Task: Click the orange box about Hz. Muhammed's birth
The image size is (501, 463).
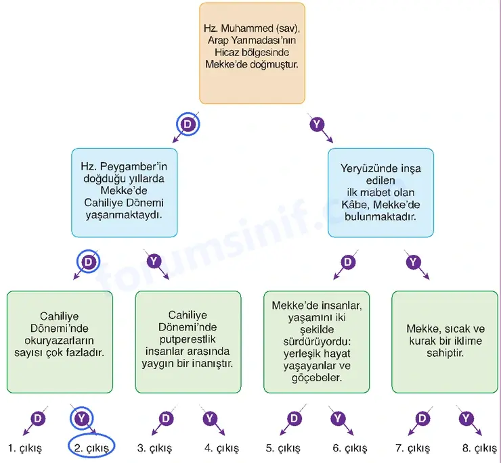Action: click(x=252, y=53)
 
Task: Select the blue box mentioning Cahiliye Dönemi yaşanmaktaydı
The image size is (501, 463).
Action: click(x=125, y=193)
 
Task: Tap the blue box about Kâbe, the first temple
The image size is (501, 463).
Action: click(x=380, y=193)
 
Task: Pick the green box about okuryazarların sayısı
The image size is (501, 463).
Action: click(x=60, y=342)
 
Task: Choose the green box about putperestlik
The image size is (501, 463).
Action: click(x=188, y=342)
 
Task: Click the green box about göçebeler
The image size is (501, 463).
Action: click(x=317, y=342)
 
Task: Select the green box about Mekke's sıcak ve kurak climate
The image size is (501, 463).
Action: click(x=445, y=342)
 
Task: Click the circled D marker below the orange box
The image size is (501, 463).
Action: click(x=188, y=124)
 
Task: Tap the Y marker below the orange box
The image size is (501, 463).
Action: click(x=317, y=124)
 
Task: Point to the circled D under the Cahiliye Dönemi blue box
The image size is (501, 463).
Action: click(x=88, y=262)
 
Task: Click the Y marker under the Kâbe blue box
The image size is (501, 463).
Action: click(x=413, y=262)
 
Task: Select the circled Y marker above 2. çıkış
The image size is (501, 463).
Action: click(x=81, y=418)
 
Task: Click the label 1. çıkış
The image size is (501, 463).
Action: click(x=25, y=448)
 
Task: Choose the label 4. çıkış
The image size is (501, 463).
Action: click(x=222, y=448)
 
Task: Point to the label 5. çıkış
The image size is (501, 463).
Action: click(x=283, y=448)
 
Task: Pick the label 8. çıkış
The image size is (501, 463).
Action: click(x=479, y=448)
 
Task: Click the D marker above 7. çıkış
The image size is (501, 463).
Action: click(x=422, y=418)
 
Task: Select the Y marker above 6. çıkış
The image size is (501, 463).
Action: click(x=338, y=418)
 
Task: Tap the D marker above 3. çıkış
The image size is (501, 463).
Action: click(x=166, y=418)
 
